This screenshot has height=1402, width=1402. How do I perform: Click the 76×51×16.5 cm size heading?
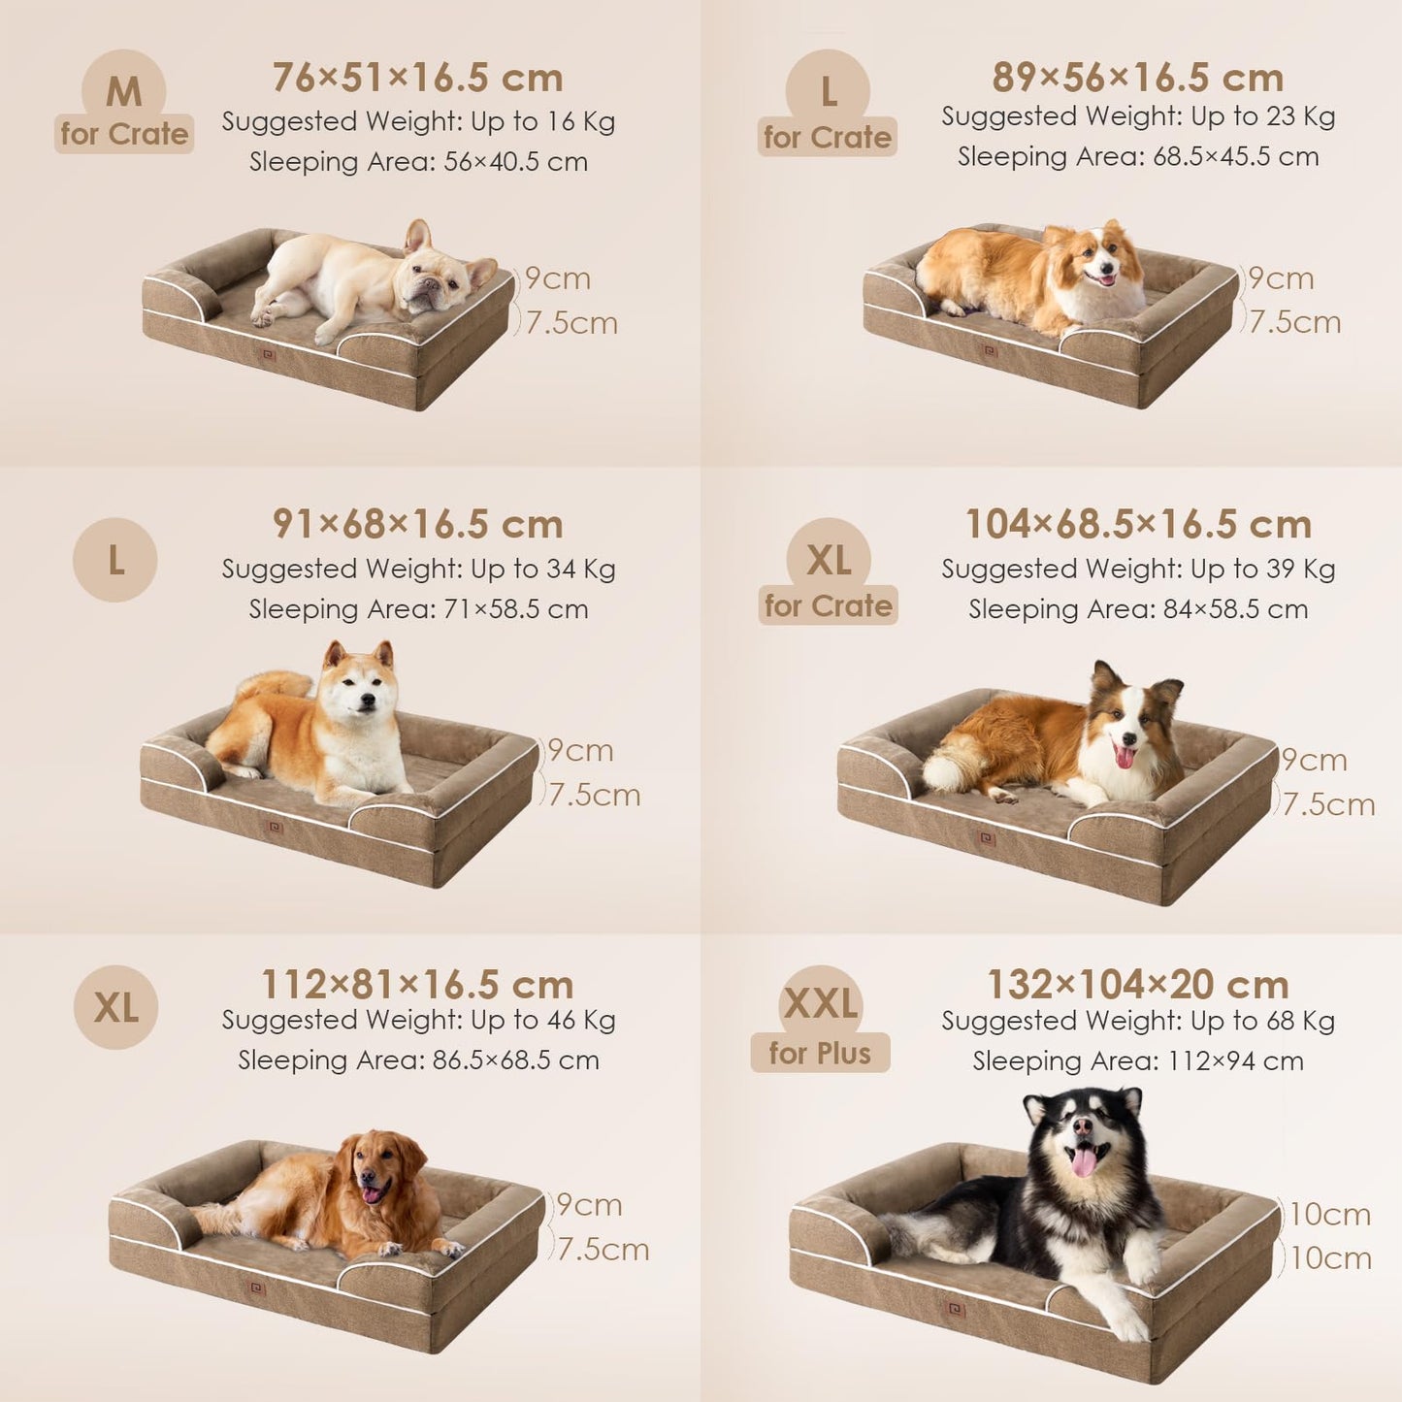[x=417, y=78]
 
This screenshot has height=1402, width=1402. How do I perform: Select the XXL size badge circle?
[x=820, y=1005]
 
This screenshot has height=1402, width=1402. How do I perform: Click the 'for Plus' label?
[x=820, y=1054]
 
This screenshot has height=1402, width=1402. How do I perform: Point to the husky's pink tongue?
[x=1084, y=1162]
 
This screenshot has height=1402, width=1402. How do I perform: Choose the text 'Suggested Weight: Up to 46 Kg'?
[x=418, y=1020]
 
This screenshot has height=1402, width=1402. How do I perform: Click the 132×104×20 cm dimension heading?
[x=1138, y=985]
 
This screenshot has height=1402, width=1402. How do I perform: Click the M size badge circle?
[x=123, y=91]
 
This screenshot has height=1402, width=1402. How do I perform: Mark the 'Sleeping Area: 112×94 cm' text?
[x=1138, y=1060]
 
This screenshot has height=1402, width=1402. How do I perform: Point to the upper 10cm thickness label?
[x=1330, y=1215]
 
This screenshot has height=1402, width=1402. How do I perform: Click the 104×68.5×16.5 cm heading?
[x=1138, y=525]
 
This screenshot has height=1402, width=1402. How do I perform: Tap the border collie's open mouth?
[x=1125, y=755]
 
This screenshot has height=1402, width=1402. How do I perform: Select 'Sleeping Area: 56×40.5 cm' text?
[x=418, y=161]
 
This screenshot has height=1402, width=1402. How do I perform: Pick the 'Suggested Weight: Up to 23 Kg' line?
[x=1138, y=116]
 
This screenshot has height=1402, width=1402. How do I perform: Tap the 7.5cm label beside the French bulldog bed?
[x=571, y=323]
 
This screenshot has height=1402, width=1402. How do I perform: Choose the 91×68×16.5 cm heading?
[x=417, y=525]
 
